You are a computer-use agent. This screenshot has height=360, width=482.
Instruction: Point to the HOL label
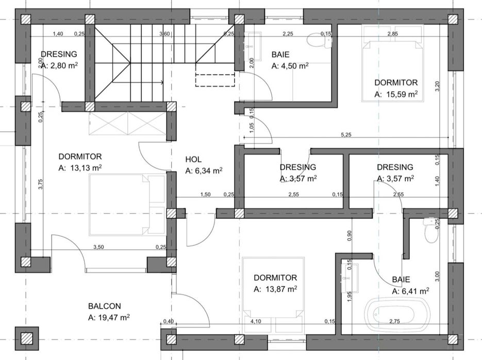coord(193,160)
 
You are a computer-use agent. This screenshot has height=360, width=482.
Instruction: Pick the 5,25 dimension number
coord(346,135)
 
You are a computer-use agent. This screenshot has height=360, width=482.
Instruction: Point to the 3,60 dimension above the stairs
coord(165,34)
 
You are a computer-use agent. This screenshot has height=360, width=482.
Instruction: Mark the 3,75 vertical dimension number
coord(40,184)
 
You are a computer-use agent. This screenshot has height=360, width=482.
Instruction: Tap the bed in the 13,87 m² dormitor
coord(273,288)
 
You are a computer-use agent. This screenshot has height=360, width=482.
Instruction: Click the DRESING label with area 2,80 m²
coord(59,54)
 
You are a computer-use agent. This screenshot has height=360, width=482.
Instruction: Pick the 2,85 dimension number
coord(392,34)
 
